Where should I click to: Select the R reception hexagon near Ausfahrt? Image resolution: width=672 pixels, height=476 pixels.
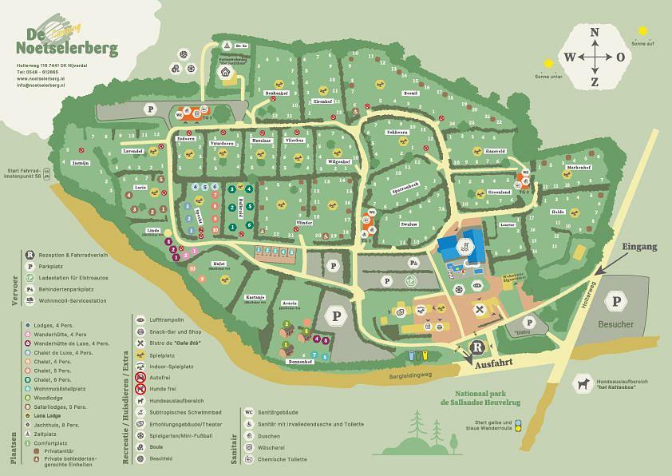(x=477, y=347)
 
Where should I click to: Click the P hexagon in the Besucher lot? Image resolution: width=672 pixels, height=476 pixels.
(x=616, y=301)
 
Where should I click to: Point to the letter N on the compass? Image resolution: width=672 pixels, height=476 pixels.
(x=595, y=33)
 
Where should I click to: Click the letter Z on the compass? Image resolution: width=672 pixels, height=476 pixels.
(x=595, y=81)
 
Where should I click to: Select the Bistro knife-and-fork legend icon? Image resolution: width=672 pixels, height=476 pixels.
(x=140, y=341)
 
